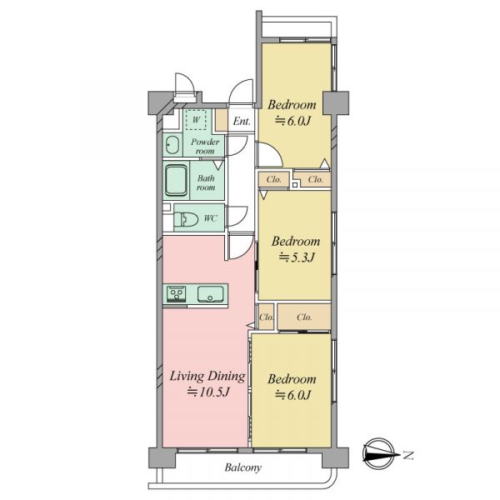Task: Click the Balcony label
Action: (x=243, y=467)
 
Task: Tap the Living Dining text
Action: (x=207, y=377)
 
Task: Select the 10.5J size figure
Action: (x=208, y=392)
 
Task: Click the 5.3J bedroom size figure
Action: (x=297, y=257)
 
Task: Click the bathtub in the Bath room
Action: (x=176, y=181)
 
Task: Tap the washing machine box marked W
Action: (x=196, y=119)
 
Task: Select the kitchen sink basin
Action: (x=210, y=294)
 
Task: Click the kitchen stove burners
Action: (x=176, y=293)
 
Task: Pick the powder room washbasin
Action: (x=172, y=145)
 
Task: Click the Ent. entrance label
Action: (x=242, y=121)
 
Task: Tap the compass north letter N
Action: (x=407, y=455)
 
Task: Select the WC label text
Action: (x=211, y=218)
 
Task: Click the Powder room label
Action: (x=205, y=147)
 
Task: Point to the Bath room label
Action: (x=206, y=182)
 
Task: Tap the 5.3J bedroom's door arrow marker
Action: (x=263, y=194)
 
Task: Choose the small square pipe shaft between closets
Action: (x=295, y=185)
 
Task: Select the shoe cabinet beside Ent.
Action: (x=222, y=120)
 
